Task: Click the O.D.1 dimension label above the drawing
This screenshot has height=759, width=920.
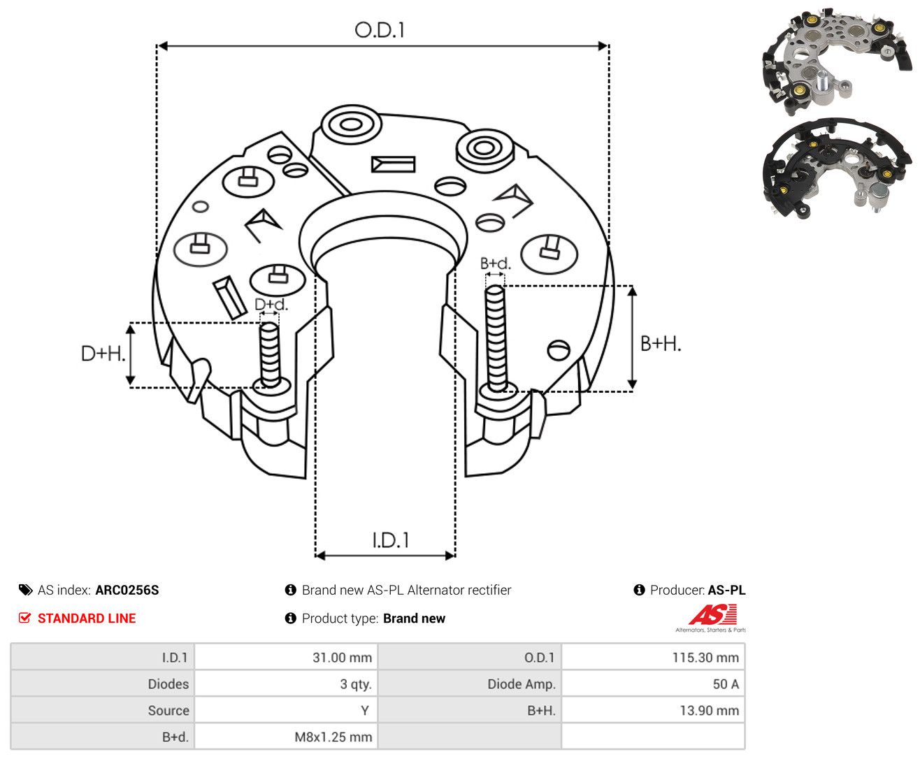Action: point(379,30)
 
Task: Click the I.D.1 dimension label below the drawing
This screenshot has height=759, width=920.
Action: point(390,540)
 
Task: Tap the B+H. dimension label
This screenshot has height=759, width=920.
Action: point(660,344)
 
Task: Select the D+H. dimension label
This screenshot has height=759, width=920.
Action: point(103,353)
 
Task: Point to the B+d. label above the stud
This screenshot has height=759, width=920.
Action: point(495,263)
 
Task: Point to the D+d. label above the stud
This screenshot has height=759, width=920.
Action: point(271,304)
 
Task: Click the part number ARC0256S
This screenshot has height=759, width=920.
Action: point(127,590)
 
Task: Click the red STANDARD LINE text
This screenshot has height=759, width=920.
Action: point(87,618)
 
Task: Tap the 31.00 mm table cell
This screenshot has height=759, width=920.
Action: point(286,657)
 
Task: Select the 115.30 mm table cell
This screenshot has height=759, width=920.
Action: point(653,657)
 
